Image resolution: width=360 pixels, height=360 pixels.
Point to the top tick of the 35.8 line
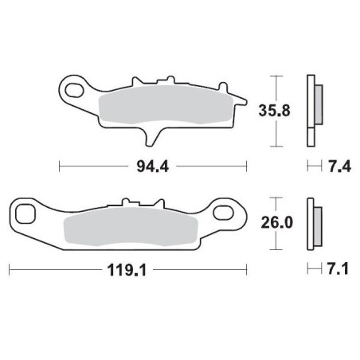[275, 76]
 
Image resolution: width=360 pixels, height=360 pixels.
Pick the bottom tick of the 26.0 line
[275, 248]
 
